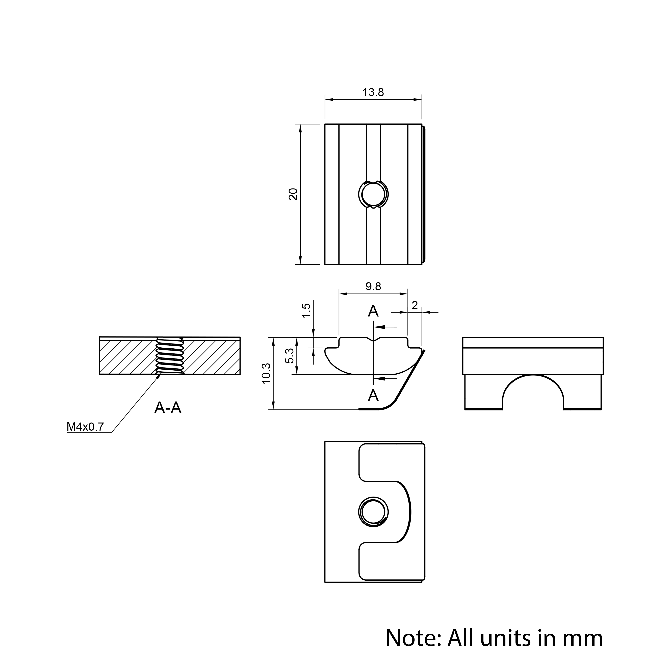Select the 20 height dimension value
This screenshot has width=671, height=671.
[x=293, y=194]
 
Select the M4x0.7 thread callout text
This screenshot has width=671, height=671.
[x=85, y=427]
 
